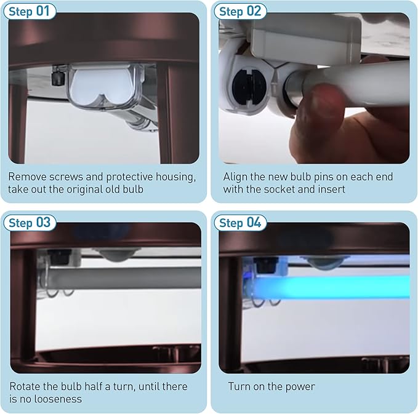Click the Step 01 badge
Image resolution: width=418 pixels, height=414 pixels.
click(x=30, y=11)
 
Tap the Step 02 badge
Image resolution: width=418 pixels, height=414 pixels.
click(x=240, y=11)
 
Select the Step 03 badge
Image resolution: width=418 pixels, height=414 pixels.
click(x=30, y=223)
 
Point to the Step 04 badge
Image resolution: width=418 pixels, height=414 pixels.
click(x=240, y=223)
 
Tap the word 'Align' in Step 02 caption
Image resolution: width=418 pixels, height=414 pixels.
click(x=234, y=177)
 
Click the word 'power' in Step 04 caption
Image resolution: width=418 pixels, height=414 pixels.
click(x=300, y=387)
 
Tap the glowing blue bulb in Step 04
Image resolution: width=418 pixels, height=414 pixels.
click(x=330, y=287)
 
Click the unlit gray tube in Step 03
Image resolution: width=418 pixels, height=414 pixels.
click(x=123, y=278)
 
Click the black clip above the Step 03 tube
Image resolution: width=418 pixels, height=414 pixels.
click(x=59, y=257)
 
